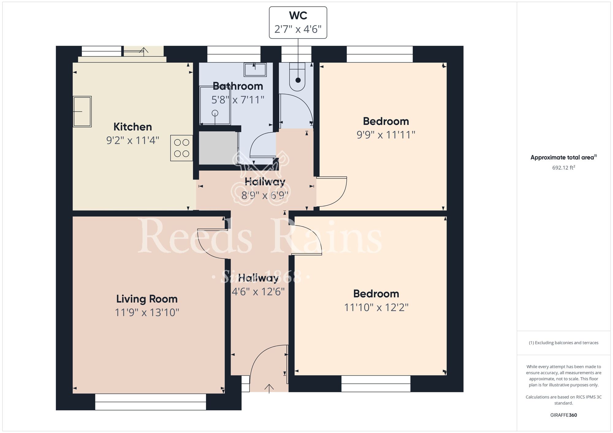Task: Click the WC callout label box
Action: tap(298, 23)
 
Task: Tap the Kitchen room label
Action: tap(133, 127)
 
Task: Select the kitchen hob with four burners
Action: tap(181, 148)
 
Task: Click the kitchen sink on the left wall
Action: tap(82, 111)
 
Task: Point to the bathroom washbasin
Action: tap(255, 70)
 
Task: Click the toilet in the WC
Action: tap(298, 77)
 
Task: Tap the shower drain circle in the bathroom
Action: tap(215, 113)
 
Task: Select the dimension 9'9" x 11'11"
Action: tap(386, 135)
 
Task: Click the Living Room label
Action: tap(147, 299)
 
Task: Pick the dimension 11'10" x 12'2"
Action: tap(376, 307)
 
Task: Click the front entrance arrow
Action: tap(269, 388)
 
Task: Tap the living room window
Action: tap(150, 402)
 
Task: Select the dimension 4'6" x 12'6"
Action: tap(258, 292)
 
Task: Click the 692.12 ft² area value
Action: tap(563, 168)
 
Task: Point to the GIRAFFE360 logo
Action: tap(563, 415)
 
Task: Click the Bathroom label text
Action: tap(238, 86)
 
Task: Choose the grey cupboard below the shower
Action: tap(218, 148)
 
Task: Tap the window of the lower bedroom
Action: tap(376, 384)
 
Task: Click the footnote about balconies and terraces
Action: tap(563, 343)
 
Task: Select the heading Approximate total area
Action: tap(563, 157)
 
